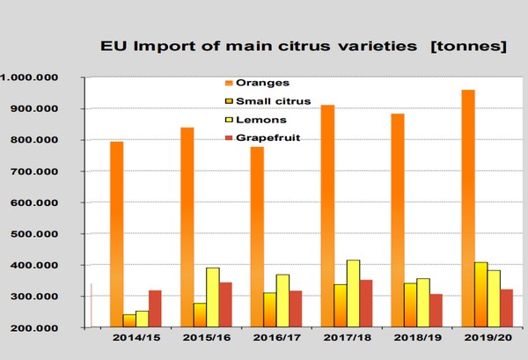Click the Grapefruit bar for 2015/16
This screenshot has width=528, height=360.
(x=226, y=305)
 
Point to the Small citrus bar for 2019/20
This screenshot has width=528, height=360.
(x=481, y=294)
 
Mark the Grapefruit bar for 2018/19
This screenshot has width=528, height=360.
(x=435, y=310)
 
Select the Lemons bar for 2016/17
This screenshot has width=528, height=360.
(x=282, y=300)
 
